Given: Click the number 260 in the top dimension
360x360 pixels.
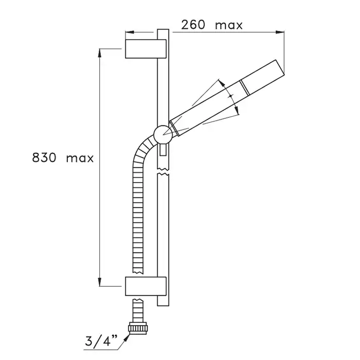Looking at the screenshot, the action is (193, 25).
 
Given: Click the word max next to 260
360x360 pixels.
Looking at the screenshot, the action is (229, 26).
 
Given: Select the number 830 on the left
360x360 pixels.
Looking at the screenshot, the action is (44, 158).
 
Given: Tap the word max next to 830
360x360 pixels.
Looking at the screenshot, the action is (80, 158).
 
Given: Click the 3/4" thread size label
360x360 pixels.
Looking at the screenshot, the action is (101, 340).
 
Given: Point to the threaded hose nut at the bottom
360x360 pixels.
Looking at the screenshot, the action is (137, 328).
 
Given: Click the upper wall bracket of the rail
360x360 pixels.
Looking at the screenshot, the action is (146, 49).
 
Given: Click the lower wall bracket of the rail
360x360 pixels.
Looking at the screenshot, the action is (146, 286).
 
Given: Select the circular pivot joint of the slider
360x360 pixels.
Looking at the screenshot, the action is (163, 135).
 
